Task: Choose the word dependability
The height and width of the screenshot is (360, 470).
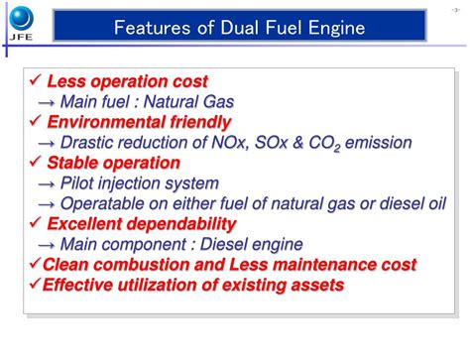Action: coord(181,223)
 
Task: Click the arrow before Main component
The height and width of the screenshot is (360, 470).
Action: coord(46,244)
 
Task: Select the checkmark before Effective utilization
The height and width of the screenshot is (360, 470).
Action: coord(34,286)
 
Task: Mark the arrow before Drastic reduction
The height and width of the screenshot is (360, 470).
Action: coord(46,142)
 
